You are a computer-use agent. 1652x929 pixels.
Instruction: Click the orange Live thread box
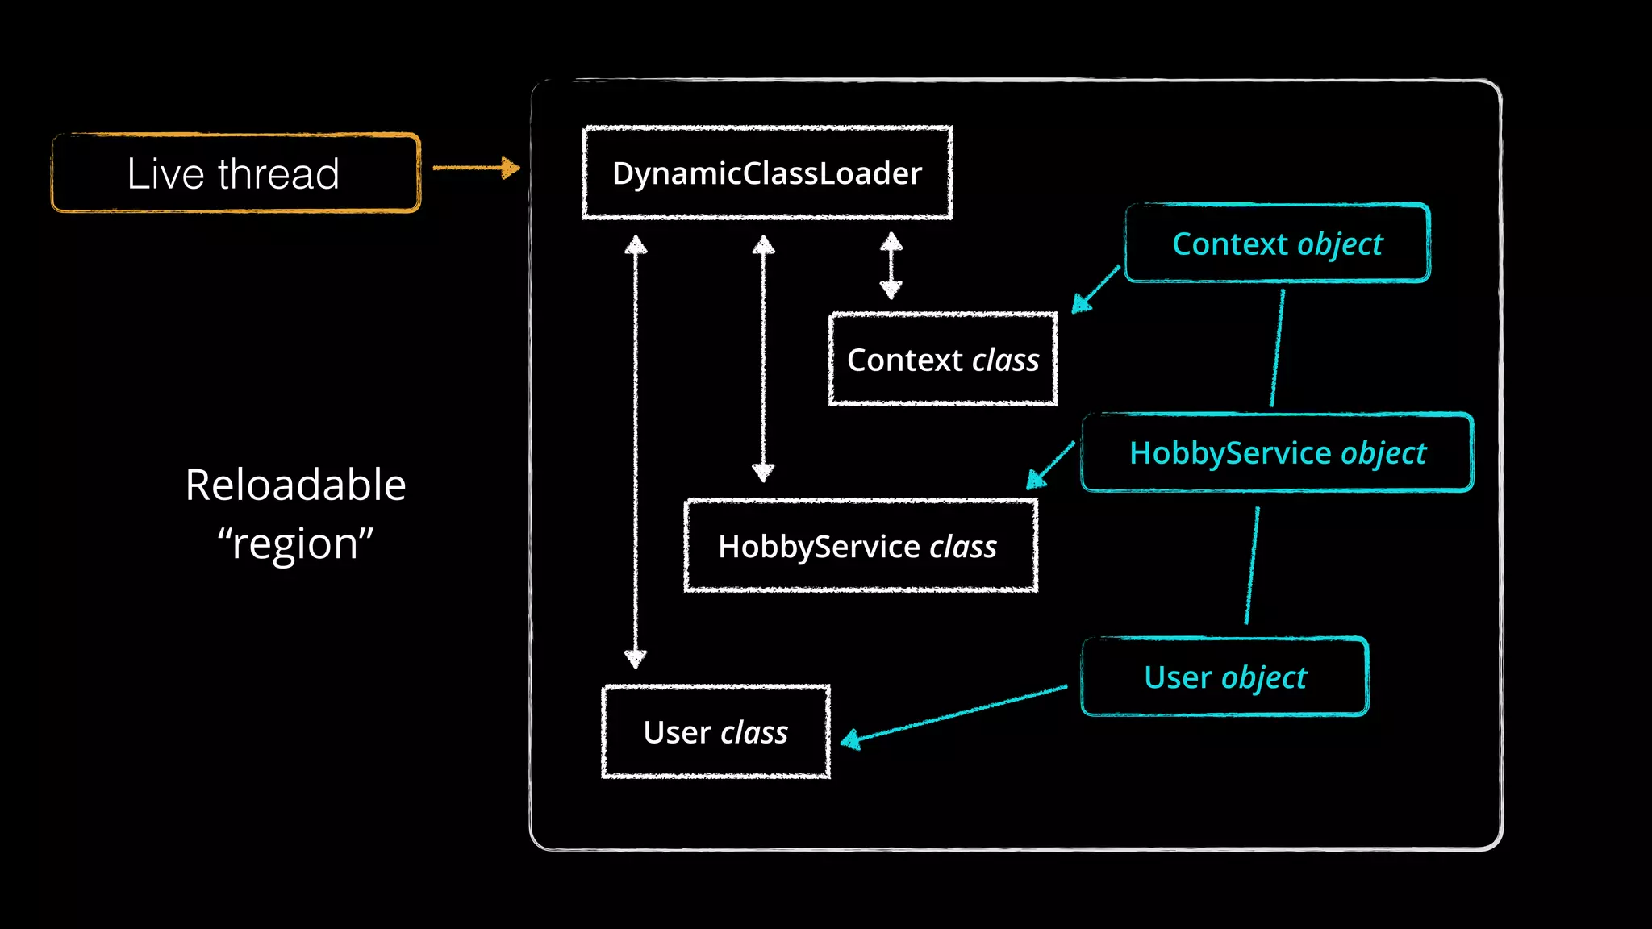click(x=236, y=173)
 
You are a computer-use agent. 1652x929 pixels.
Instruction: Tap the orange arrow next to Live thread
click(x=476, y=168)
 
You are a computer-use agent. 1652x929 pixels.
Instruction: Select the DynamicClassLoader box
click(x=767, y=173)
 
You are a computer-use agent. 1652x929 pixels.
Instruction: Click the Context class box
click(x=943, y=360)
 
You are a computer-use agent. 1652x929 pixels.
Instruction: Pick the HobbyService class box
click(x=861, y=546)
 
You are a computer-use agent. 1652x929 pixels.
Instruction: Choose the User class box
click(x=715, y=731)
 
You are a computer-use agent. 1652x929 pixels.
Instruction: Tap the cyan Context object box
click(x=1277, y=244)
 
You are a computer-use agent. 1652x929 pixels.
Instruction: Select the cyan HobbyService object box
click(x=1277, y=452)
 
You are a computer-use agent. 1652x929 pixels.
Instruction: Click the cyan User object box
click(x=1224, y=677)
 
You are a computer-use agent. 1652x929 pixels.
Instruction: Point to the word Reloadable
click(x=295, y=485)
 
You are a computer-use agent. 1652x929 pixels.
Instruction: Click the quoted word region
click(x=295, y=543)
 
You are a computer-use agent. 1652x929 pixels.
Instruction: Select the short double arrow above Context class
click(x=891, y=265)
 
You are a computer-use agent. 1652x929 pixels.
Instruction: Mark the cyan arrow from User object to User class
click(x=956, y=714)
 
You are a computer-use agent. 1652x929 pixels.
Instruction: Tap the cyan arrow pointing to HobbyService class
click(x=1050, y=465)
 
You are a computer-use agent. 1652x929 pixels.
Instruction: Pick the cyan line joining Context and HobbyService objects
click(x=1278, y=348)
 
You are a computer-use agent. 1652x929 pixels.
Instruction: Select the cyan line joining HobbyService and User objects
click(x=1252, y=564)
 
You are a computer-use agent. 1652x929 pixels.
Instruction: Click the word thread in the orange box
click(x=278, y=173)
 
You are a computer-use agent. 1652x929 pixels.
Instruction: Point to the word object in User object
click(x=1264, y=677)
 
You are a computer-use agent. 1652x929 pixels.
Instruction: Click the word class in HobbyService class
click(x=963, y=547)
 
